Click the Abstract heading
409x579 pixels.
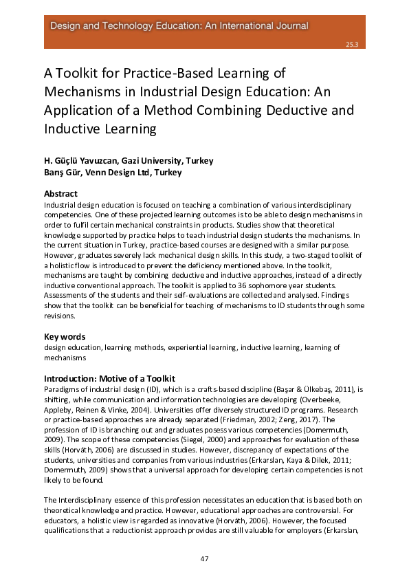point(60,194)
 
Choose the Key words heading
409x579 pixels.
point(65,337)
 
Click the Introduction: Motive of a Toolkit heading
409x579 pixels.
point(109,378)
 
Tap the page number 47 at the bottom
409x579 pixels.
point(204,558)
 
